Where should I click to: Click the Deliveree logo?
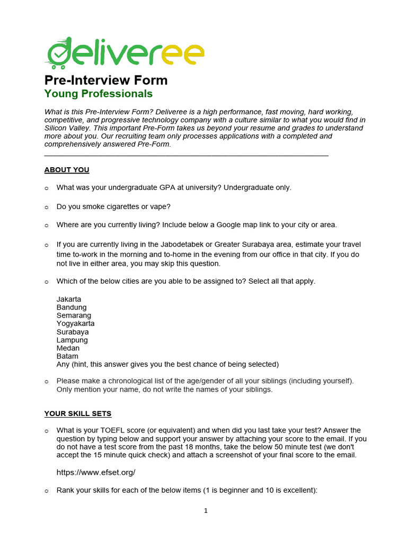click(125, 53)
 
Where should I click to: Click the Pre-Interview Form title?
click(105, 80)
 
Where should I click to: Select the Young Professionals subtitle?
click(98, 94)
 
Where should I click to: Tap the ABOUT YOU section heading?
click(67, 170)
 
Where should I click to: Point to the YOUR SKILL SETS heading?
click(78, 413)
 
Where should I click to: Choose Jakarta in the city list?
click(69, 299)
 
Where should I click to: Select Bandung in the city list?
click(72, 307)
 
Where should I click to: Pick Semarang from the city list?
click(74, 315)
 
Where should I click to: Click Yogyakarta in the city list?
click(76, 323)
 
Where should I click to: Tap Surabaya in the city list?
click(73, 332)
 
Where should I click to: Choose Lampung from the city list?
click(72, 340)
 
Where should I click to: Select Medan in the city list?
click(68, 348)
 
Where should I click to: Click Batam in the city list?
click(67, 356)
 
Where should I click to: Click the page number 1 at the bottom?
click(206, 511)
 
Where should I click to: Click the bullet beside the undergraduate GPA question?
click(46, 188)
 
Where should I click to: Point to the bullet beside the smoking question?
click(46, 206)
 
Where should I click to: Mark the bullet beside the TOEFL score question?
click(46, 431)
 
